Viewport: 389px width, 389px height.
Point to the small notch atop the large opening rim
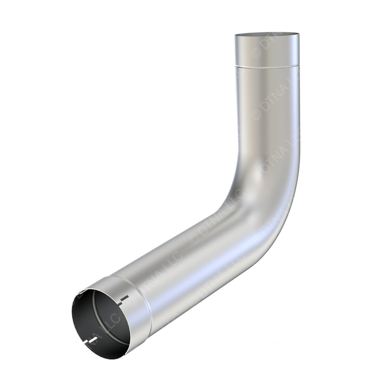click(x=81, y=293)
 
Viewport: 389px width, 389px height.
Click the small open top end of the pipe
click(x=267, y=35)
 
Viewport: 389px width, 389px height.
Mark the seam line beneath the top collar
click(x=267, y=66)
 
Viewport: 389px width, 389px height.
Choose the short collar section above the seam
click(x=267, y=51)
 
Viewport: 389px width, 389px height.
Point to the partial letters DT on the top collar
click(x=266, y=44)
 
